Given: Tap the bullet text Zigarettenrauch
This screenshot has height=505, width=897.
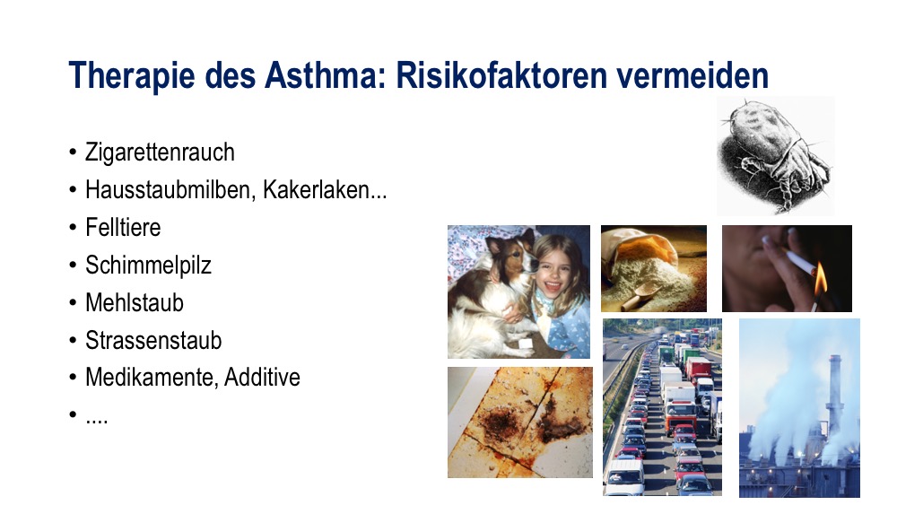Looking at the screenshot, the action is tap(160, 152).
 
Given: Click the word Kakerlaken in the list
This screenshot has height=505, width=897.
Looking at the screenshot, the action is tap(316, 190).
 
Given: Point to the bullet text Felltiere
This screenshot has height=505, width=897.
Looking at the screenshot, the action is tap(123, 227).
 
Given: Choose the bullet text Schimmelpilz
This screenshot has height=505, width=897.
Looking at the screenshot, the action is tap(148, 266).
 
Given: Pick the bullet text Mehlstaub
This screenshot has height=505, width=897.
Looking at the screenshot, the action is tap(135, 302).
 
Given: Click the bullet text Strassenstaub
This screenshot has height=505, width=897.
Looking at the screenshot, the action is tap(153, 340).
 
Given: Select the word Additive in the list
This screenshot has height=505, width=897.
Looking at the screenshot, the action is tap(262, 378).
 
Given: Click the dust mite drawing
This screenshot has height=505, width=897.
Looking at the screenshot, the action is tap(775, 155).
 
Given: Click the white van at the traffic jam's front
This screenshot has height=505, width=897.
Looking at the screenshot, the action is tap(624, 476).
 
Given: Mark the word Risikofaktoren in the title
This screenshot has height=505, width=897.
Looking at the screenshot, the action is tap(501, 75).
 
